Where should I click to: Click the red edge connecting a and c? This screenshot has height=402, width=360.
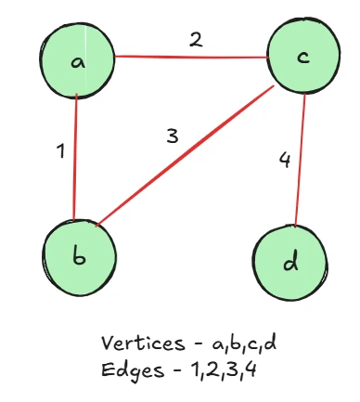coord(190,56)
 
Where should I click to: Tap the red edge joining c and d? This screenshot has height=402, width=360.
coord(300,158)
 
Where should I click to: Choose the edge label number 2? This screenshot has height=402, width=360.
coord(196,39)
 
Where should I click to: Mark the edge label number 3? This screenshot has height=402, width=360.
coord(172,136)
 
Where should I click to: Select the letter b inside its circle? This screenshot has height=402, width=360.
coord(79,256)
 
